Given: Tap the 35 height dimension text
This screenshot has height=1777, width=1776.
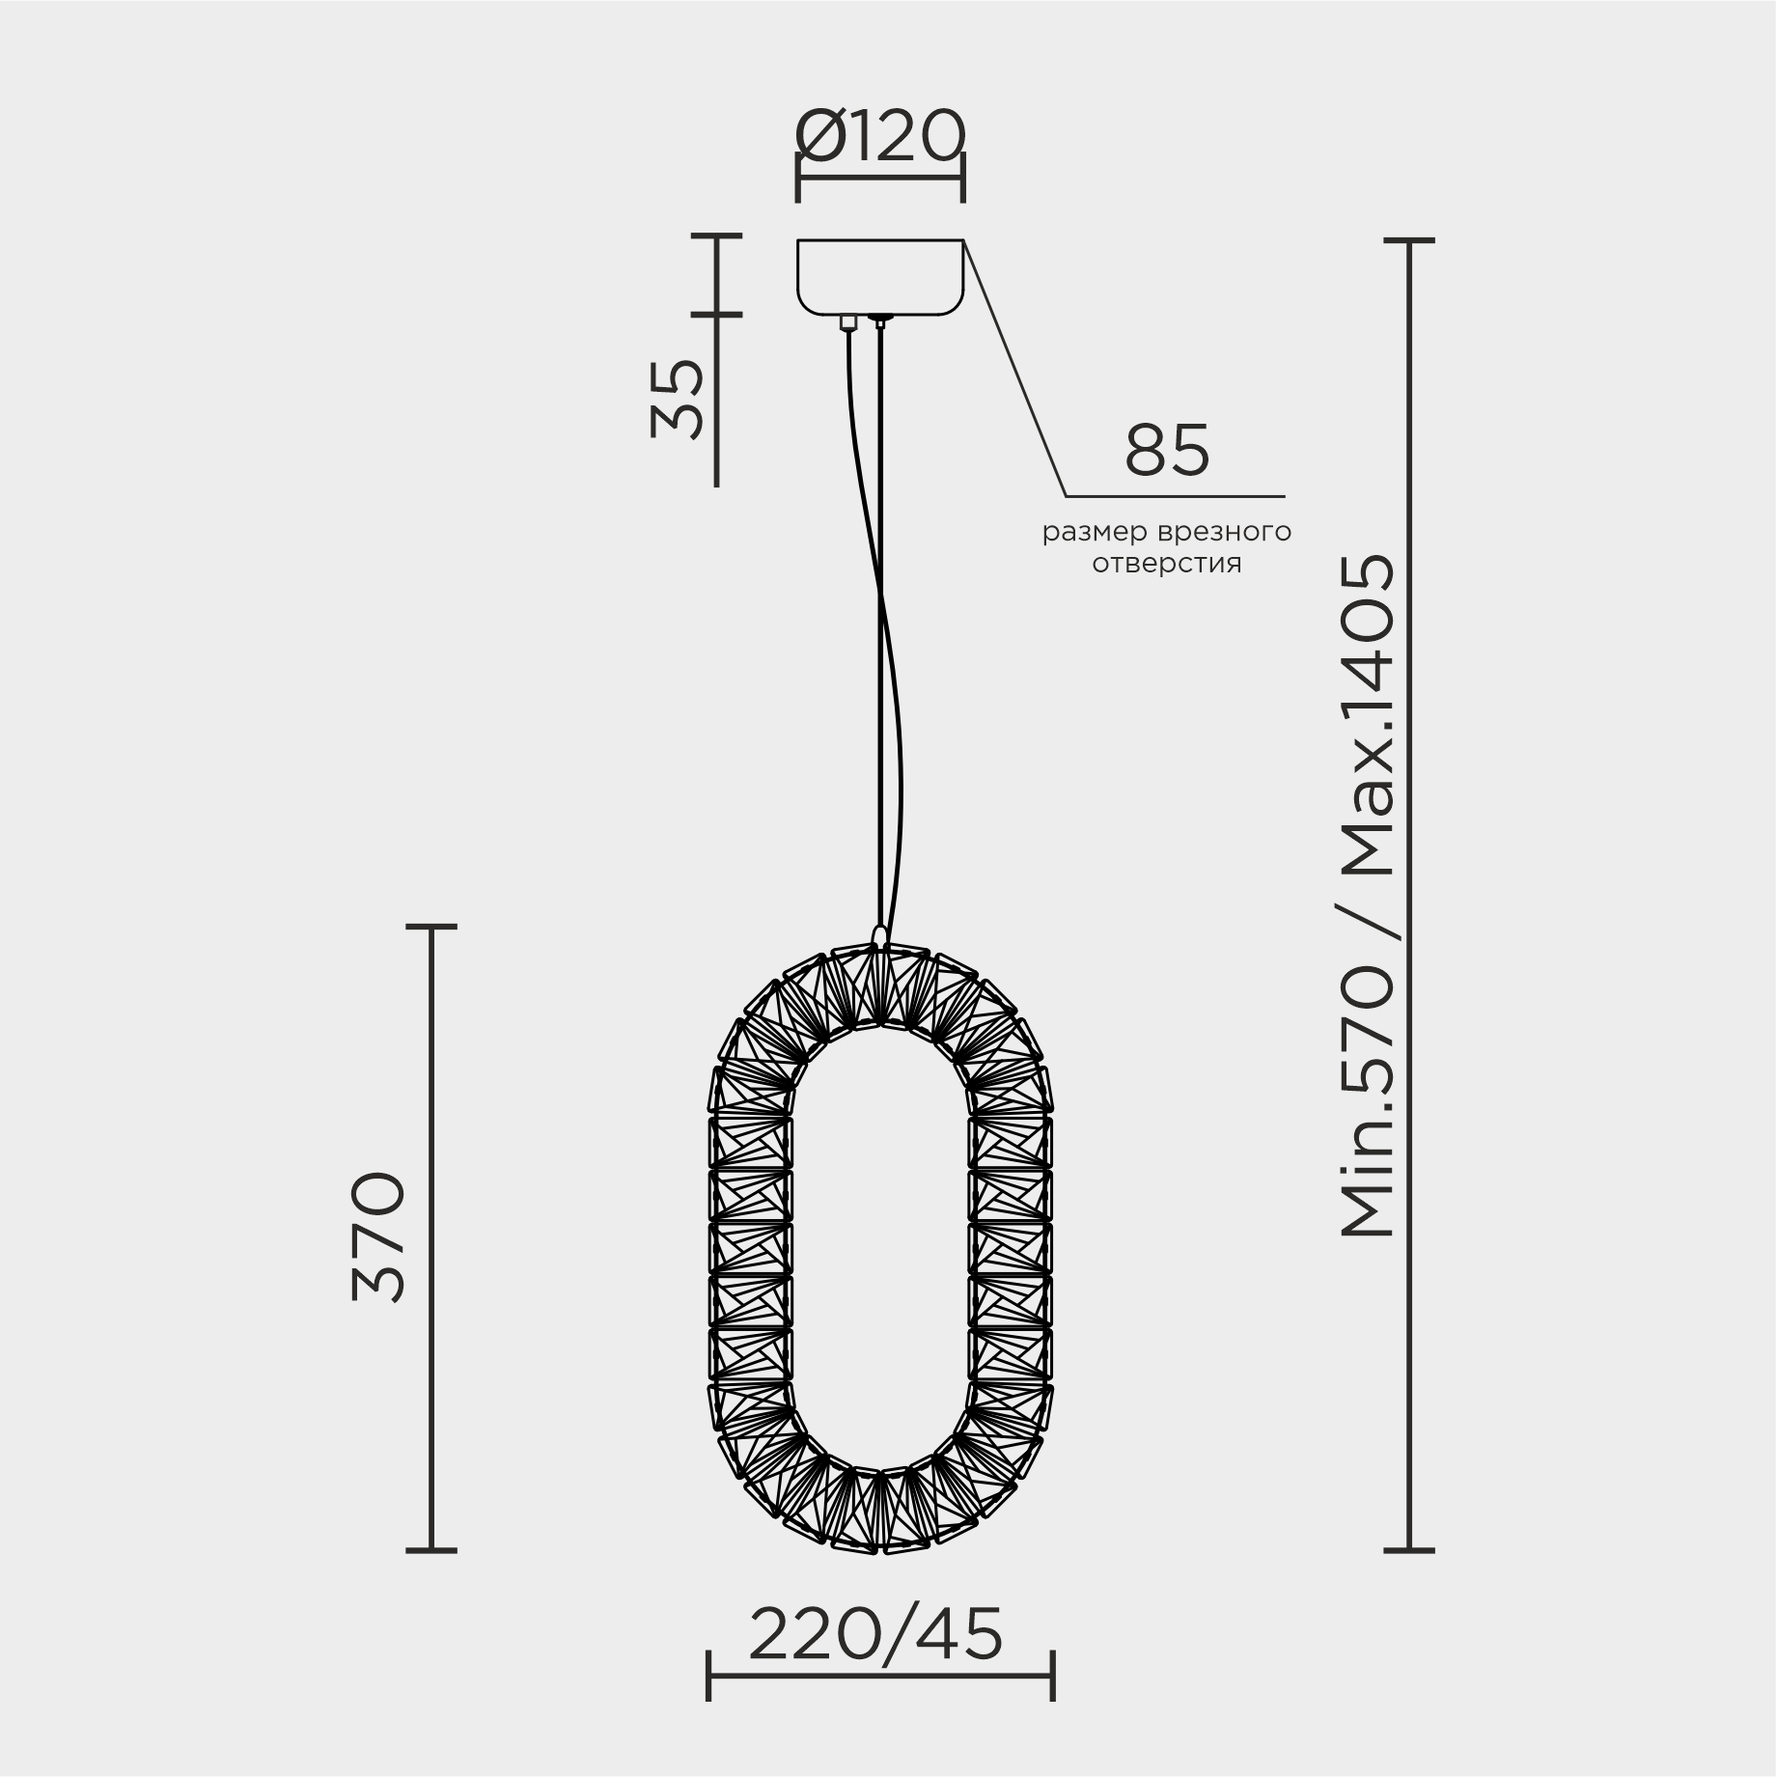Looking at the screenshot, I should [677, 399].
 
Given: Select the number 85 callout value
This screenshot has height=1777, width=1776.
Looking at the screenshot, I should [1167, 450].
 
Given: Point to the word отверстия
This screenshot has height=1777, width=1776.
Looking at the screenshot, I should [1166, 564].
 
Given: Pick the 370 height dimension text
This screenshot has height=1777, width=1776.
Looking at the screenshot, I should [379, 1237].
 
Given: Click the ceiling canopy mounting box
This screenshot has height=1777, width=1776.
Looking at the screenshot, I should [879, 276].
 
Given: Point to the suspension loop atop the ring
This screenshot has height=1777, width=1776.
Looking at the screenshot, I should [878, 933].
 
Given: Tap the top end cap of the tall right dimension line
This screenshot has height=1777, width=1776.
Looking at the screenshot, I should [1408, 239].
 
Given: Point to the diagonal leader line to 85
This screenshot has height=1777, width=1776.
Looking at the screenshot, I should [1015, 369].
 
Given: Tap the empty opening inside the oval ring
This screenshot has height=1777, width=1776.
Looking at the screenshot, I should [879, 1245].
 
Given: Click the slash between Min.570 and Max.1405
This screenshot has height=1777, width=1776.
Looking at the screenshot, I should [1369, 925].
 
